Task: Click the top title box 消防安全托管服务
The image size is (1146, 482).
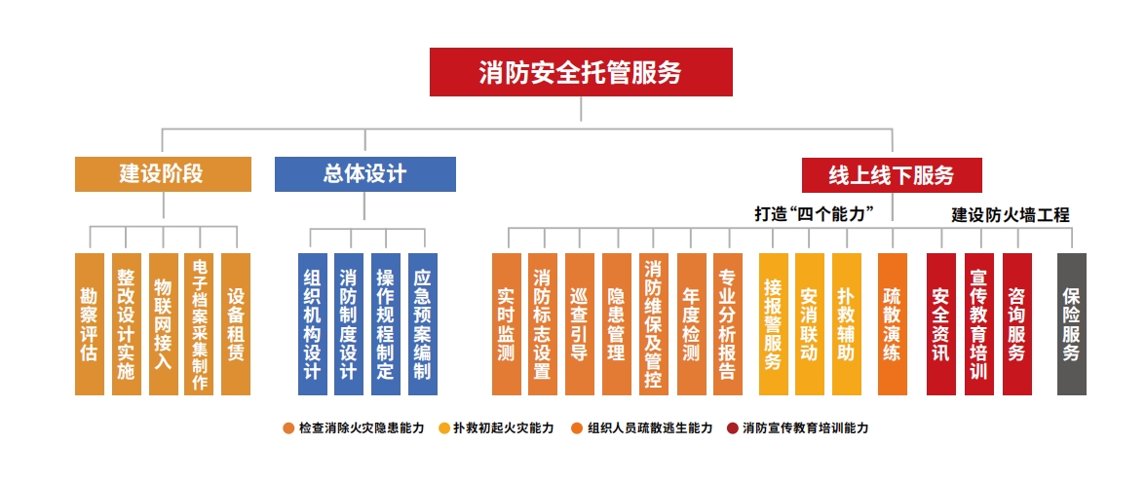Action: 581,72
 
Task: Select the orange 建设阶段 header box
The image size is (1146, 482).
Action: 163,174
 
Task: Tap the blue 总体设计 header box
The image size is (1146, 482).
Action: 364,174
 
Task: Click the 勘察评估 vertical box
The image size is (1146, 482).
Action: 90,324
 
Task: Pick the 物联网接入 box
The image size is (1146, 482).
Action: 163,324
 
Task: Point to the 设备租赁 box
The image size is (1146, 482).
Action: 236,324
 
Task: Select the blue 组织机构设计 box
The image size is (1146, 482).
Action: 313,324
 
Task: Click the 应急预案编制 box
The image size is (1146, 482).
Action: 423,324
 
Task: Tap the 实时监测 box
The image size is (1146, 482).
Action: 507,324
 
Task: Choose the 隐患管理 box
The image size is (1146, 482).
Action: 617,324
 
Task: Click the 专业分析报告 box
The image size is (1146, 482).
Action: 728,324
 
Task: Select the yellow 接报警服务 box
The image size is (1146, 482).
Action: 774,324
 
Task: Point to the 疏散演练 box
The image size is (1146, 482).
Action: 893,324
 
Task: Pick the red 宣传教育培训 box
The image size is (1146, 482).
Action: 979,324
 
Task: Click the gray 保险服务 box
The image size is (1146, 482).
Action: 1072,324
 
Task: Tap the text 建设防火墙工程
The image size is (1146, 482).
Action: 1010,215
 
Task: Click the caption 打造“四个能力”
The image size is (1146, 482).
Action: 815,214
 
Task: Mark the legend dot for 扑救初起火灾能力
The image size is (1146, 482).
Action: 443,428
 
